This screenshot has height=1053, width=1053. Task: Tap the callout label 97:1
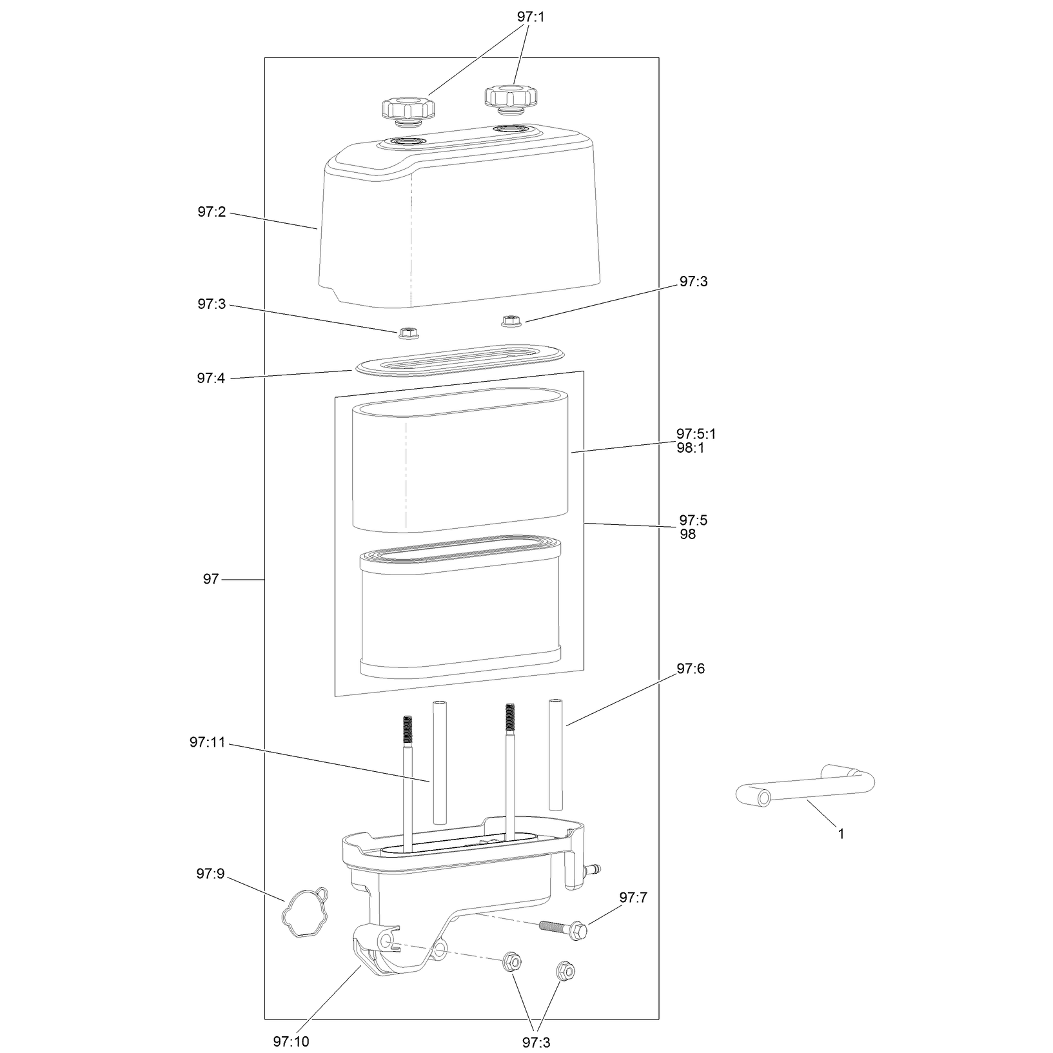click(531, 17)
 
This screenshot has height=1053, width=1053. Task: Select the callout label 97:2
click(212, 212)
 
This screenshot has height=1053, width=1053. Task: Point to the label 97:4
click(211, 378)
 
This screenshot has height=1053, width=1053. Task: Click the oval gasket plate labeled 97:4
click(459, 358)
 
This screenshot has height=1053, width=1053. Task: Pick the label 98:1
click(691, 448)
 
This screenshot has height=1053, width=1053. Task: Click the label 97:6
click(691, 669)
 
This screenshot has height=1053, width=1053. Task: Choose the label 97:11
click(208, 742)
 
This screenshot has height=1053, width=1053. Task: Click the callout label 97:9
click(211, 874)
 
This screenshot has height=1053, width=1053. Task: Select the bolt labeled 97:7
click(563, 929)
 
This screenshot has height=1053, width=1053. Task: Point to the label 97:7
click(634, 898)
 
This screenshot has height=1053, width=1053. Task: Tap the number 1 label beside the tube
click(841, 834)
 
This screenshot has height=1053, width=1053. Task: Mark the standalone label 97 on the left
click(211, 579)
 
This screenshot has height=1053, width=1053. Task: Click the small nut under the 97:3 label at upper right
click(511, 320)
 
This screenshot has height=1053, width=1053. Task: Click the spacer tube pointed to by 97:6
click(555, 754)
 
